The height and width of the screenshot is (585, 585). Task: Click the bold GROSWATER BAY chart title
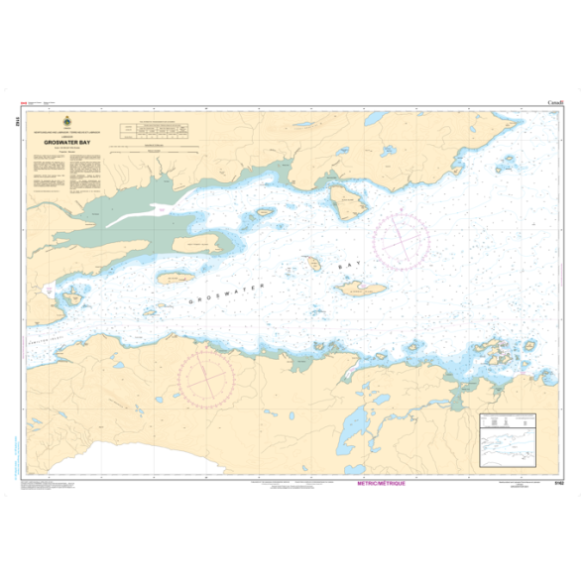click(71, 142)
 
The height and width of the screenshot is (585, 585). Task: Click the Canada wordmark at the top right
click(555, 101)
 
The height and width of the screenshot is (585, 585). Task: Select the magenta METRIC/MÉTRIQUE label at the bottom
click(387, 483)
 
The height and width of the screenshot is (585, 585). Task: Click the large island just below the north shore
click(350, 206)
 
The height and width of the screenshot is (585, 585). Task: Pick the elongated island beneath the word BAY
click(362, 287)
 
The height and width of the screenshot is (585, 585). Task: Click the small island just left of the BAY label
click(311, 264)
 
